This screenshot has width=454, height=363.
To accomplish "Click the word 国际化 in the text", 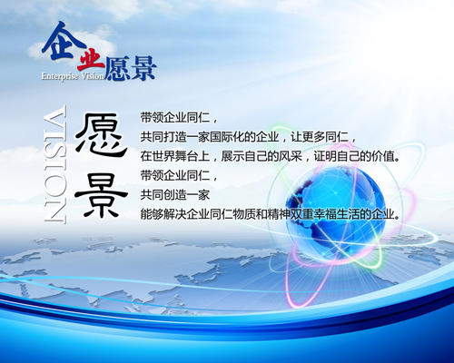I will [244, 136].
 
